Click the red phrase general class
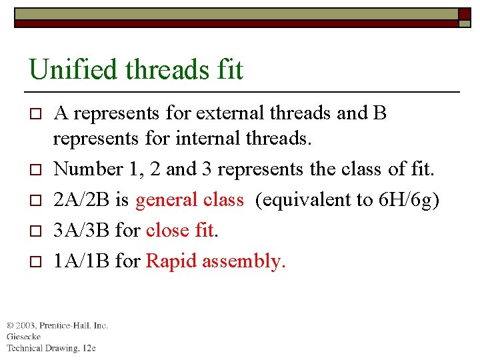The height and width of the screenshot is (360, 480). (189, 199)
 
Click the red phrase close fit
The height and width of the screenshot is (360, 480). (180, 230)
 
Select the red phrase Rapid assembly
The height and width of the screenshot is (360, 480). (215, 261)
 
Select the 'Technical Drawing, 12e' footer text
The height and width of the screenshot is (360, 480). (51, 348)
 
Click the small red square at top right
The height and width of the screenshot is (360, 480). (464, 14)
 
